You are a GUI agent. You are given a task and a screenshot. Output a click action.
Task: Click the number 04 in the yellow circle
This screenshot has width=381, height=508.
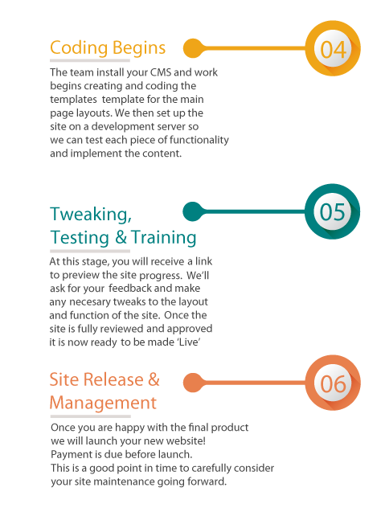[333, 50]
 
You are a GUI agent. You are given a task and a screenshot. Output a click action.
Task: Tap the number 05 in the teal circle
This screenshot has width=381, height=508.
[333, 212]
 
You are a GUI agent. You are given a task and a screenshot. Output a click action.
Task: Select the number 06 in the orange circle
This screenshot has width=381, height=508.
[333, 384]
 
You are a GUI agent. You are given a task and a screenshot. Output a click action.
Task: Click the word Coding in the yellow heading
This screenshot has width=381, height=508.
[79, 48]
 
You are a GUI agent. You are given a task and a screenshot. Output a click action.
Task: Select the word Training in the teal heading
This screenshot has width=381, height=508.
[164, 237]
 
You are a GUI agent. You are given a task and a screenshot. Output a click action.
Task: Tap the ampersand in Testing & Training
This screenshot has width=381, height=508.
[121, 237]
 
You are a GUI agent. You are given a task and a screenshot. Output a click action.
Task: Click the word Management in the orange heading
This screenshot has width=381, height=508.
[103, 403]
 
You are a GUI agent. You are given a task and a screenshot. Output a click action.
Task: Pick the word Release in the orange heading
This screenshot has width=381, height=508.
[113, 379]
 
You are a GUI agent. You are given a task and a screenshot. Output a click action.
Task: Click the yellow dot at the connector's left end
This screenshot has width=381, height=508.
[193, 48]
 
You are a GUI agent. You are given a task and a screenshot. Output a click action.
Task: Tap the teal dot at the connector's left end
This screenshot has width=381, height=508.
[193, 211]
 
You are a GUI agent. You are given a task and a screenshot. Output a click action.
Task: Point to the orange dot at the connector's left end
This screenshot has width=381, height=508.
[193, 383]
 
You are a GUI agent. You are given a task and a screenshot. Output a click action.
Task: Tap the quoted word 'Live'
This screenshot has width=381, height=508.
[189, 342]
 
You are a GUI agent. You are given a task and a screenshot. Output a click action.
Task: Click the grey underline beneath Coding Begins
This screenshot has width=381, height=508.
[90, 60]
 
